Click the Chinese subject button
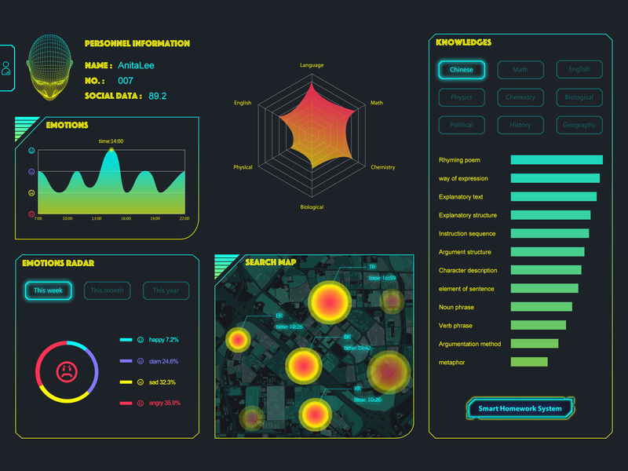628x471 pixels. tap(462, 70)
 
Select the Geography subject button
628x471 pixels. tap(579, 125)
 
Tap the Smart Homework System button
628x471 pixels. tap(520, 408)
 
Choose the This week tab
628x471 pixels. tap(48, 290)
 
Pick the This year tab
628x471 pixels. tap(166, 290)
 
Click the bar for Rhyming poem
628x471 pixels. tap(557, 160)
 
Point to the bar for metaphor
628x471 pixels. tap(529, 362)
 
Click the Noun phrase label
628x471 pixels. tap(456, 307)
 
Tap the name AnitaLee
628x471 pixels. tap(137, 66)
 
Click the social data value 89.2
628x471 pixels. tap(158, 96)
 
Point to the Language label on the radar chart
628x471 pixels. tap(312, 65)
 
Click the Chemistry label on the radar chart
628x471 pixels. tap(382, 167)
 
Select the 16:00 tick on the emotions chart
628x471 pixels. tap(126, 218)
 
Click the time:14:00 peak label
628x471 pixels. tap(111, 141)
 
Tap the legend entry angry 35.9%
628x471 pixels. tap(164, 403)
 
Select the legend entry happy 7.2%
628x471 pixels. tap(163, 340)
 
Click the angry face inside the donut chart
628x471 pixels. tap(68, 371)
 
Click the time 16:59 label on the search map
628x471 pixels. tap(382, 278)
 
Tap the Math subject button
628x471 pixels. tap(520, 70)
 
